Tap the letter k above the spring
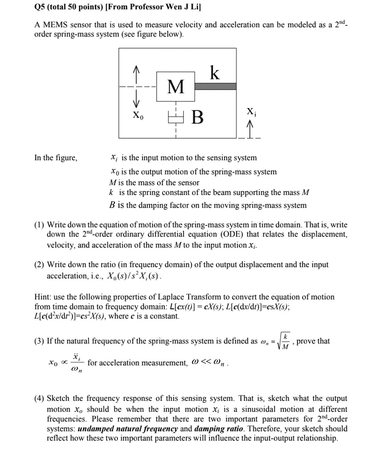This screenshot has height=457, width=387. coord(215,72)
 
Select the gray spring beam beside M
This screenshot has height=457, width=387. coord(215,86)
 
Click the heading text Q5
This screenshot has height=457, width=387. coord(41,7)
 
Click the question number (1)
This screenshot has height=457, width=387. coord(39,225)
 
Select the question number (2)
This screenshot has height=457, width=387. coord(39,265)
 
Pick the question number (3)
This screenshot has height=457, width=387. coord(39,341)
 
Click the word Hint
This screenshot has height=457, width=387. coord(42,297)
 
